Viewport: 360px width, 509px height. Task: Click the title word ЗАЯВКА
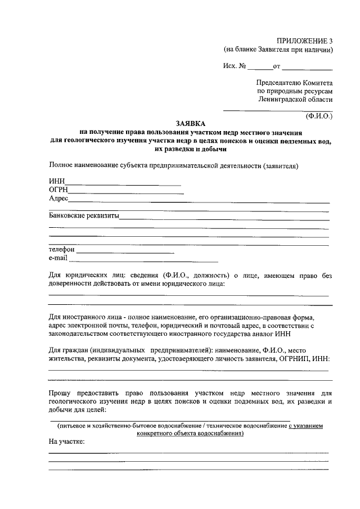pos(191,123)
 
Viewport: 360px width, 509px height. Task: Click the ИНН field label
pos(57,181)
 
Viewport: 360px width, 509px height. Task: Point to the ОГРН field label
pos(58,190)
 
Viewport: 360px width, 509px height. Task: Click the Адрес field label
pos(58,199)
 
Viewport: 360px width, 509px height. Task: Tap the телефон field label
pos(62,249)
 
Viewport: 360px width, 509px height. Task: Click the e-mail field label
pos(58,258)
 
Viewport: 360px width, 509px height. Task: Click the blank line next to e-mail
pos(143,261)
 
